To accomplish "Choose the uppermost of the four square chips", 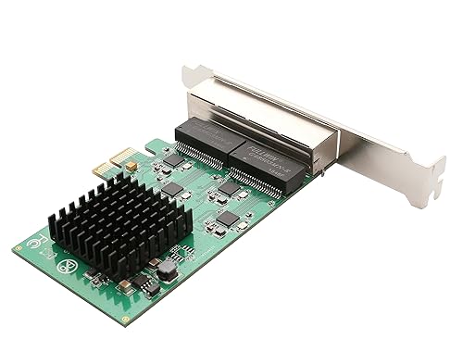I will click(x=173, y=160).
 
